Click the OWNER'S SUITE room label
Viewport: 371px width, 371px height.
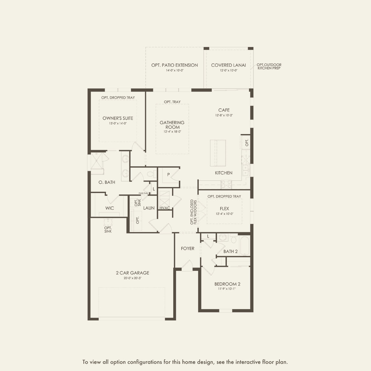(118, 118)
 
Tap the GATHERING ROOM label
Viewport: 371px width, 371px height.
(172, 125)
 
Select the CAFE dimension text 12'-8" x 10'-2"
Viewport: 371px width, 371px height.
(224, 115)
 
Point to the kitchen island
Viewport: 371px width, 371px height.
(218, 152)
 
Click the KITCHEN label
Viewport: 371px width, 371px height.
(223, 173)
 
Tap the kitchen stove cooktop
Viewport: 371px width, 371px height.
(226, 184)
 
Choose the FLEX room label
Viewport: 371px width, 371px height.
(224, 209)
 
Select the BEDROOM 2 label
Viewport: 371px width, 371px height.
(227, 284)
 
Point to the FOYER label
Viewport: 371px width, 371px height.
(188, 248)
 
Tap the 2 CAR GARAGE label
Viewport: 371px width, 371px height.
(132, 273)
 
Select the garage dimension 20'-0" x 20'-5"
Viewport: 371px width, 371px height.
(132, 278)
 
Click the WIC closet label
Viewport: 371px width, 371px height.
(110, 208)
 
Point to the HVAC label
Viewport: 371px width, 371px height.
(165, 208)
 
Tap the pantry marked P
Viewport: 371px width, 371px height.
(168, 174)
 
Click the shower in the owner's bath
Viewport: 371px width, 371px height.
(98, 161)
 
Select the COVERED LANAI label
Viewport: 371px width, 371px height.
(228, 65)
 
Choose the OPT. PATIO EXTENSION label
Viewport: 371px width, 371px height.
(174, 65)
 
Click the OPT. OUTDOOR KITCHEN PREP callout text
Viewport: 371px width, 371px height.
(269, 66)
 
